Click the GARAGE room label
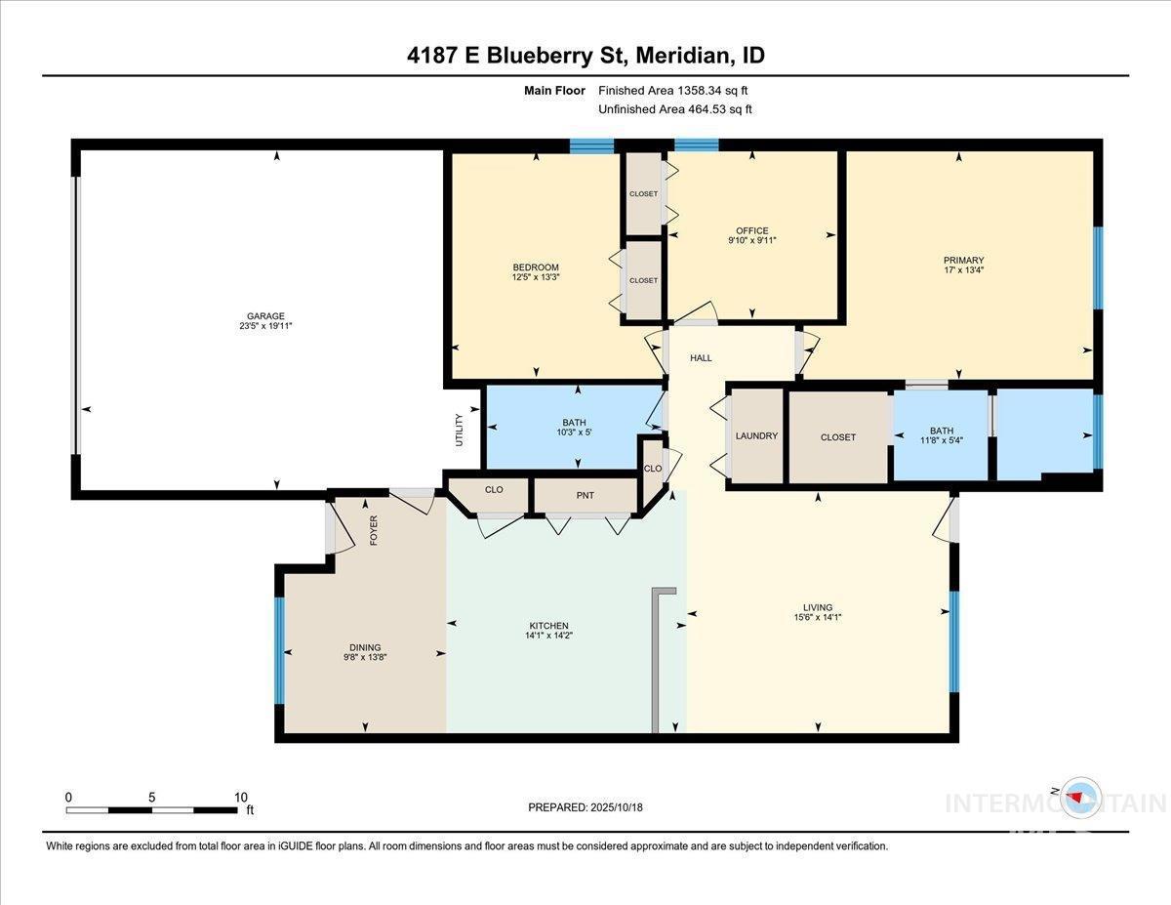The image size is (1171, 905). (265, 316)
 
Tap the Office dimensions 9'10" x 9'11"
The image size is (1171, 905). (751, 240)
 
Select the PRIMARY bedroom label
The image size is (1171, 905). (963, 261)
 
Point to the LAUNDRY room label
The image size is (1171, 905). (756, 436)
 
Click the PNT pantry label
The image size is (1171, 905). (585, 495)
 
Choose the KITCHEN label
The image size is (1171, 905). (548, 626)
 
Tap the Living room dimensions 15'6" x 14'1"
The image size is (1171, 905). (818, 618)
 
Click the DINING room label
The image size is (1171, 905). (365, 648)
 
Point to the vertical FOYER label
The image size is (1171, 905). (374, 530)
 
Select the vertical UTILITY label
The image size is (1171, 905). (460, 431)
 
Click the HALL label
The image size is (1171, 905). (701, 358)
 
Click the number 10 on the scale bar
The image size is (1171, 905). (241, 798)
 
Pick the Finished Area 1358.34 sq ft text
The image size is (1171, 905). (673, 91)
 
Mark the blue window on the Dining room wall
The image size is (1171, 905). (279, 650)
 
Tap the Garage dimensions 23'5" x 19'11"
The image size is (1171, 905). (265, 326)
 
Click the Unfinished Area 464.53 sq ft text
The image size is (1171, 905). (675, 109)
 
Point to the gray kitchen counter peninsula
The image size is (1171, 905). (656, 660)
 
